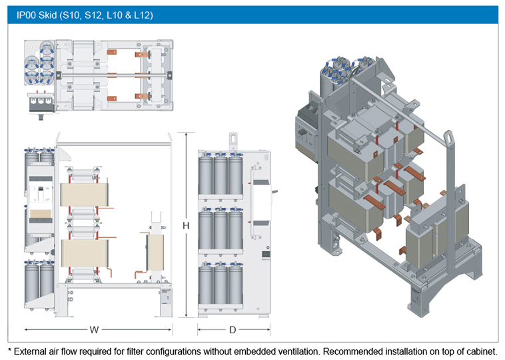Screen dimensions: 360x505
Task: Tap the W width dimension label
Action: point(95,329)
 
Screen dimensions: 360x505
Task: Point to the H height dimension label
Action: point(186,226)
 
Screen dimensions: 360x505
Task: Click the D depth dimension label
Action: point(233,329)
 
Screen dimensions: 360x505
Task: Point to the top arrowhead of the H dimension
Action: point(186,134)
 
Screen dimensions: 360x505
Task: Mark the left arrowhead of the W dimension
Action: point(26,329)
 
